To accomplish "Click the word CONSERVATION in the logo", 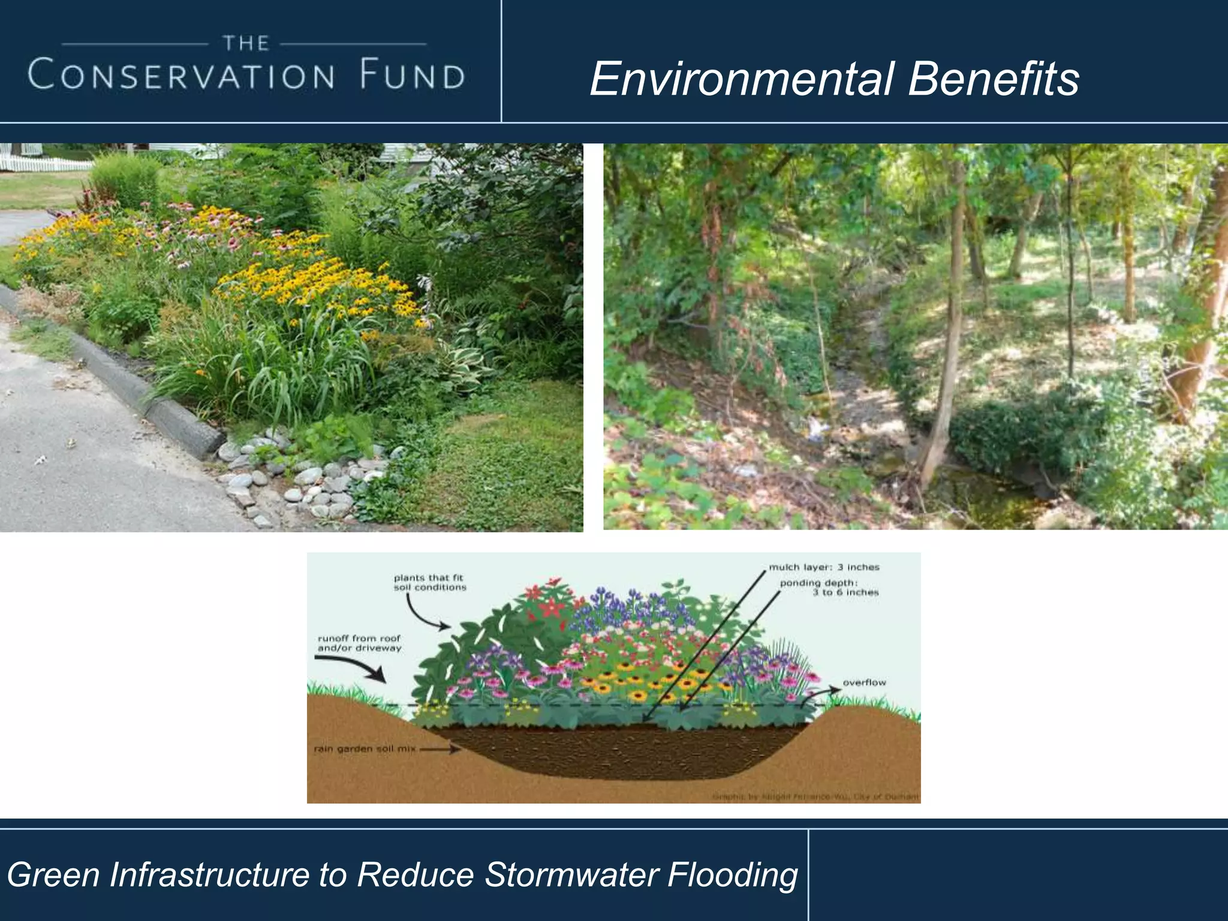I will click(181, 76).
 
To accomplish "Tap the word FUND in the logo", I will click(413, 76).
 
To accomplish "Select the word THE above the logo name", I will click(246, 43).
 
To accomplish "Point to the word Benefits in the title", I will click(994, 79).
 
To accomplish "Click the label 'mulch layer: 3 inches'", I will click(824, 567).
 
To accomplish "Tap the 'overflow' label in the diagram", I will click(864, 683).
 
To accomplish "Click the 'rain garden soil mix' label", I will click(365, 749).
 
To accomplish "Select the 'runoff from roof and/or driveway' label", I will click(359, 643).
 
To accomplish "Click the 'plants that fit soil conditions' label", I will click(429, 583).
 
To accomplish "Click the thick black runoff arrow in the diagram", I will click(354, 666).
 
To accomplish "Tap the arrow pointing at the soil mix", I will click(441, 749).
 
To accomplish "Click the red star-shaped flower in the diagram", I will click(550, 606).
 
